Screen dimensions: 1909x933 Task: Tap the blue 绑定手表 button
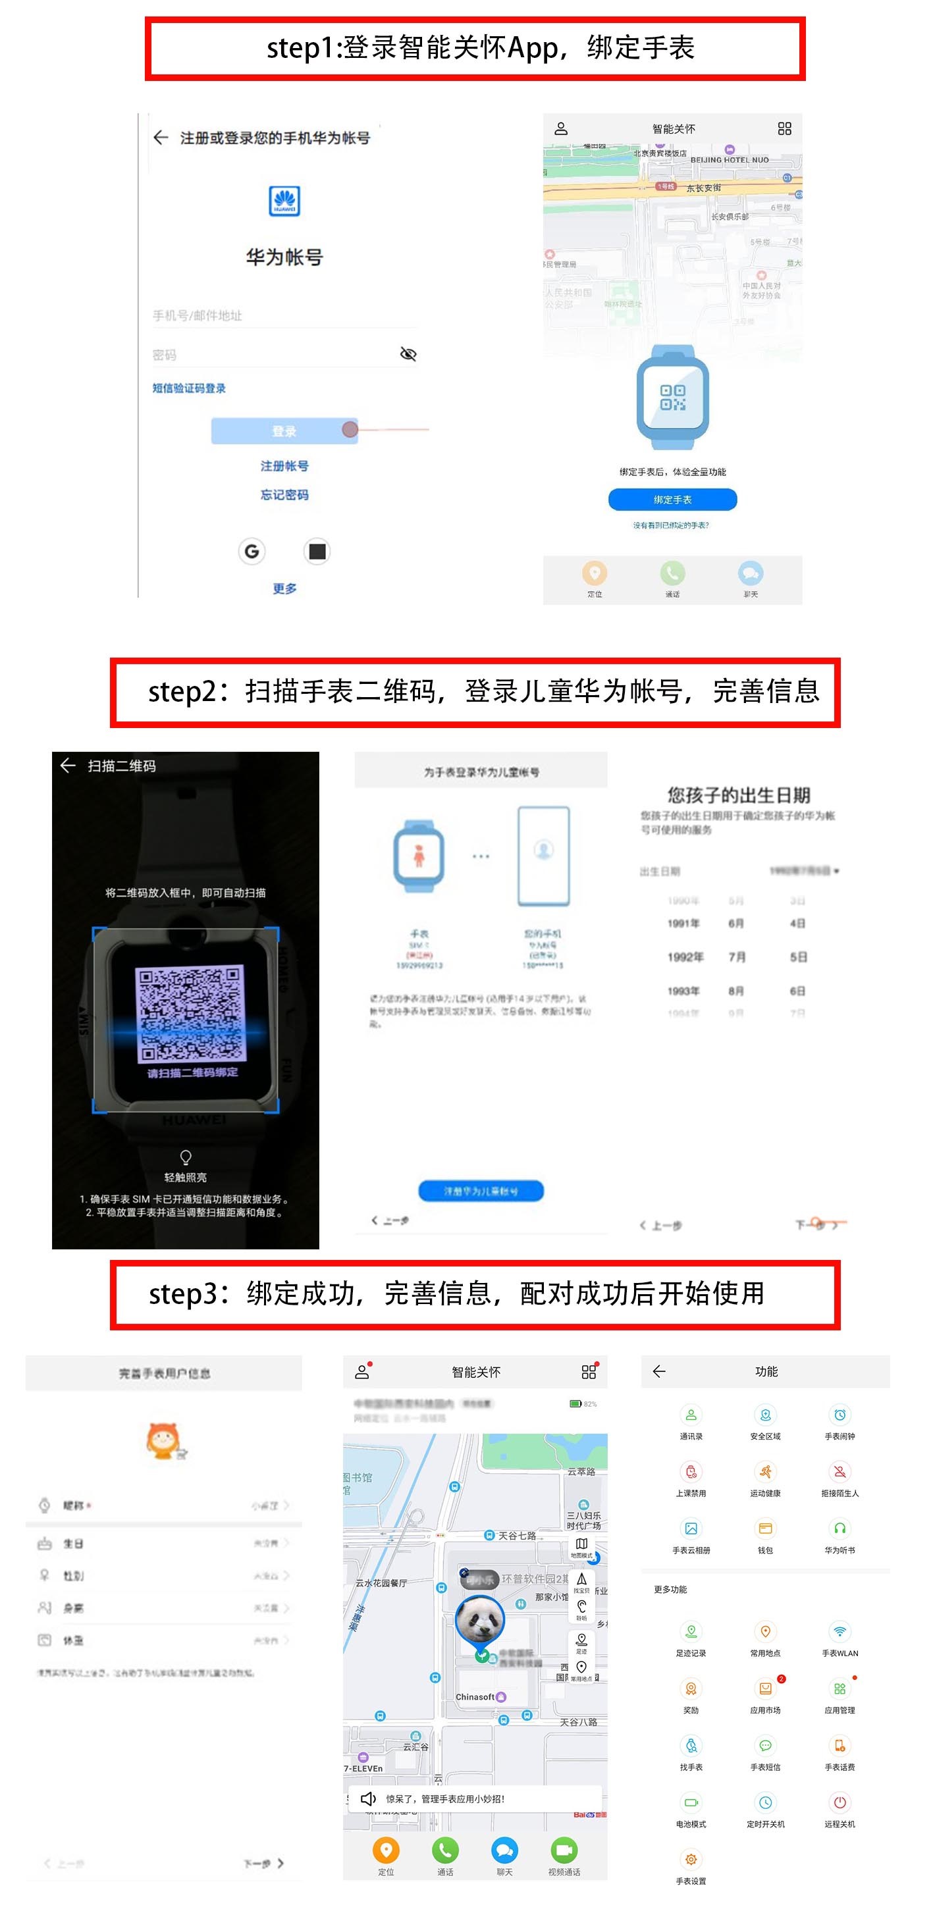tap(672, 500)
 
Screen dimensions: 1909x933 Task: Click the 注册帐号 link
tap(284, 465)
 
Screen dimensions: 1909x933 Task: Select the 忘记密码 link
tap(284, 494)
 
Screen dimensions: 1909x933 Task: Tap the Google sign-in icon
tap(252, 552)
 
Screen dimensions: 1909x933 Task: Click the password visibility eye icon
tap(408, 354)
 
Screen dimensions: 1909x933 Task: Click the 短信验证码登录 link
tap(189, 388)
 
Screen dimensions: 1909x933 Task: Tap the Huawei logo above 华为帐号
tap(284, 201)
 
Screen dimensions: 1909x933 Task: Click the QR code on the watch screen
tap(190, 1012)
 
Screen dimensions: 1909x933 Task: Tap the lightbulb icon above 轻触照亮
tap(185, 1157)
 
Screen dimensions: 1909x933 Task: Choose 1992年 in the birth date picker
tap(685, 956)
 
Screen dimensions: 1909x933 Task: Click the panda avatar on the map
tap(479, 1620)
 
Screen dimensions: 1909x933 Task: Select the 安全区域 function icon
tap(766, 1415)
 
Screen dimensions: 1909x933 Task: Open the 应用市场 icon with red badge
tap(766, 1689)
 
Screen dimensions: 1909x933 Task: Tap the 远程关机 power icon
tap(840, 1802)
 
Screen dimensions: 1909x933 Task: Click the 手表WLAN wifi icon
tap(840, 1632)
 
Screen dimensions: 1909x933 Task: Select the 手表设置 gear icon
tap(691, 1860)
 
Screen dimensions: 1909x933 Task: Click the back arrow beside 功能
tap(659, 1371)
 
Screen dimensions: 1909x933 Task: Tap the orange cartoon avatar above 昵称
tap(164, 1440)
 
